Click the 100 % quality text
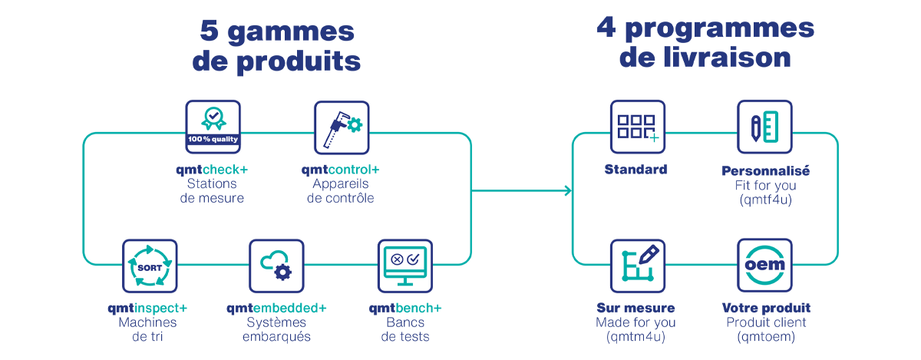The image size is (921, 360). [x=213, y=139]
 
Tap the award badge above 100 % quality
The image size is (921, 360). [x=213, y=117]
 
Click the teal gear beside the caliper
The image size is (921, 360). [x=355, y=123]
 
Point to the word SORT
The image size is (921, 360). [x=150, y=266]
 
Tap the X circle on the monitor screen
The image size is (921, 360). [x=397, y=259]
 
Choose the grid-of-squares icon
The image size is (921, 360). [x=635, y=127]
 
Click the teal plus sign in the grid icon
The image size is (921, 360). [x=654, y=137]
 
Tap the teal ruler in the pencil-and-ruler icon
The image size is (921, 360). [x=771, y=126]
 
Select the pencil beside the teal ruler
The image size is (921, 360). [x=757, y=129]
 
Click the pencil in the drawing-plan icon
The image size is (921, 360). [x=649, y=254]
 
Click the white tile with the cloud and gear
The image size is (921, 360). [x=276, y=266]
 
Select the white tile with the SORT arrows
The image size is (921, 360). [x=150, y=266]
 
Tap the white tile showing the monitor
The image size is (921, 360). [x=406, y=266]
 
